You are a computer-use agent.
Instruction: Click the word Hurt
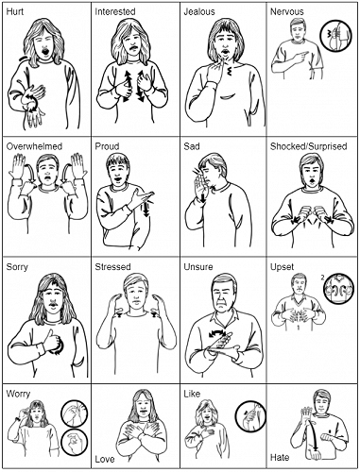(x=16, y=11)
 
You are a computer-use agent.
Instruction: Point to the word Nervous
(x=288, y=11)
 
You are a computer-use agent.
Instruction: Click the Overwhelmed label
(x=33, y=147)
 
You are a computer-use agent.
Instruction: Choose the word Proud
(x=108, y=147)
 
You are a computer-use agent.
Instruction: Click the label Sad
(x=192, y=147)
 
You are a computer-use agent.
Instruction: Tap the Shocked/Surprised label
(x=309, y=147)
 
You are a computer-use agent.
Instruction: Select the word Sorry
(x=17, y=268)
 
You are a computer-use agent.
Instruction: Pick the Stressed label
(x=113, y=268)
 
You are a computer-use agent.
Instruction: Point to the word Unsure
(x=199, y=268)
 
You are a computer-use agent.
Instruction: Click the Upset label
(x=283, y=268)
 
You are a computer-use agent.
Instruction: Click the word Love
(x=105, y=460)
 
